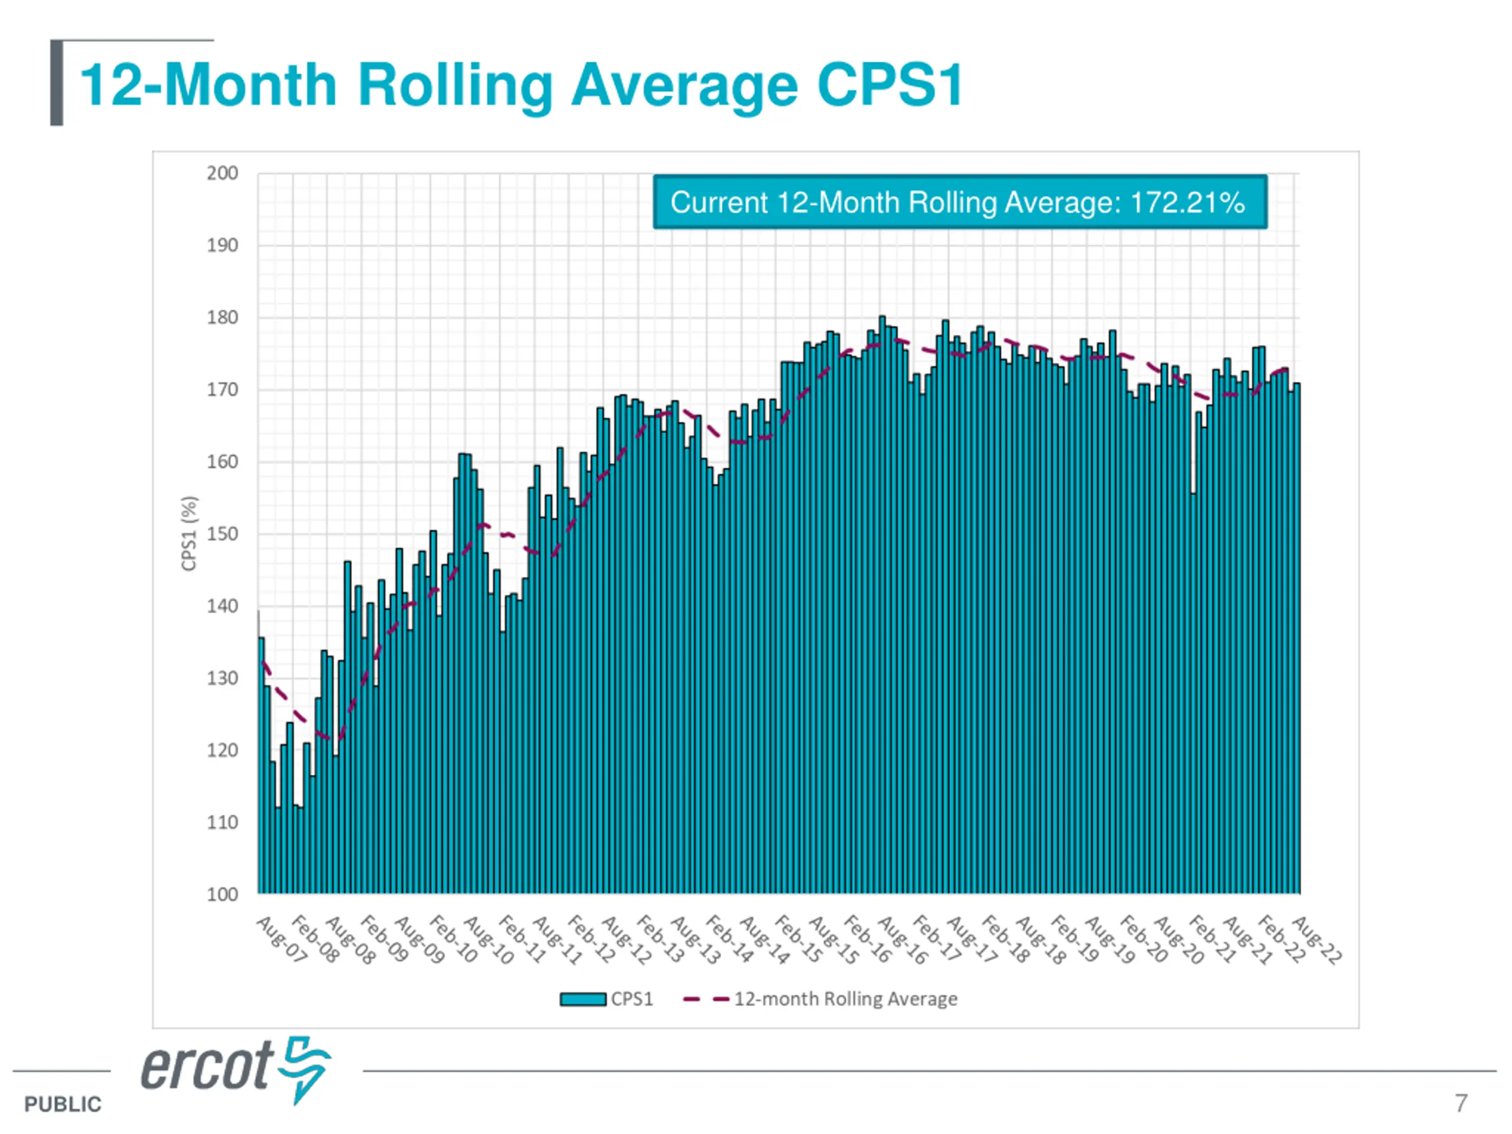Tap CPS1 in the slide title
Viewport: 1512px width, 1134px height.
click(889, 85)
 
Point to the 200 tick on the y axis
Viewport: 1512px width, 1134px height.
click(222, 174)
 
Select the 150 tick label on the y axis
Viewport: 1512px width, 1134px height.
click(222, 534)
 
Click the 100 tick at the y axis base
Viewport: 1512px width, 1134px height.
click(222, 895)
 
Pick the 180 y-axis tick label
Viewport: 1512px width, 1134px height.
click(222, 318)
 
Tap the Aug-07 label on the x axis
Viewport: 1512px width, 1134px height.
click(281, 940)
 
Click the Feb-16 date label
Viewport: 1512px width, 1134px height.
click(868, 940)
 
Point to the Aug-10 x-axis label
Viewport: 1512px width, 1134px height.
click(488, 940)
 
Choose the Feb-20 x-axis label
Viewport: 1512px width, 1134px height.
click(1144, 940)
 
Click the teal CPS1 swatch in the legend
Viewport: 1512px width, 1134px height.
click(582, 999)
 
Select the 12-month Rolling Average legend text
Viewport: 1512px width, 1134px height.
click(846, 999)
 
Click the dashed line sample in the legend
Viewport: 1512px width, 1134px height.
click(705, 999)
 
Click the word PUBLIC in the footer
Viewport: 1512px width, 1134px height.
click(62, 1104)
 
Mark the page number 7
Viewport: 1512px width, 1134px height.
click(1461, 1103)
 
